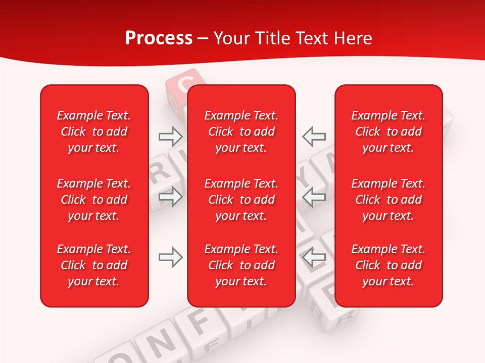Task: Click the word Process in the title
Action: (159, 38)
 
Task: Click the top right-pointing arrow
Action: (170, 136)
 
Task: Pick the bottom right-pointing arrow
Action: (170, 258)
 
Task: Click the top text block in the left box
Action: (94, 132)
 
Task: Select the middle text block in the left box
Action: (94, 200)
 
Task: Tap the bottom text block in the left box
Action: (94, 265)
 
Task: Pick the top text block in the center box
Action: (241, 132)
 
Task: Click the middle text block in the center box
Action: (241, 200)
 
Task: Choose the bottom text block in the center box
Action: (241, 265)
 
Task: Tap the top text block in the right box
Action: (388, 132)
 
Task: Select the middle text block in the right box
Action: (388, 200)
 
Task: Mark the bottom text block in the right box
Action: (388, 265)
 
